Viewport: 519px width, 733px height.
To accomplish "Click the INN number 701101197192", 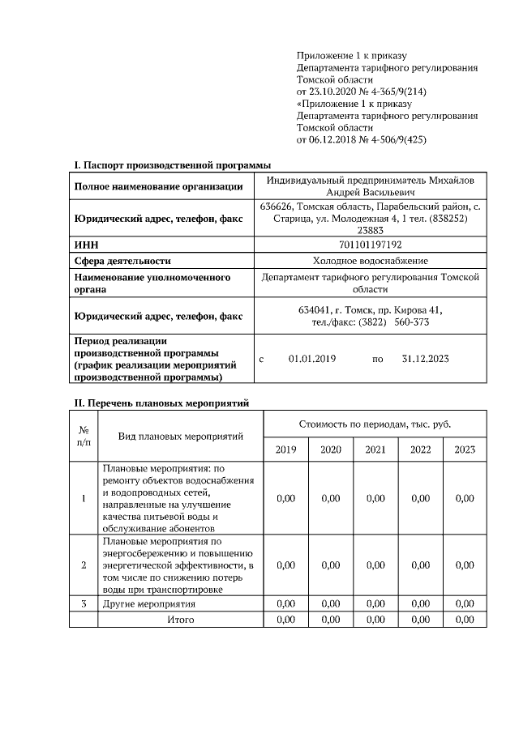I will tap(370, 244).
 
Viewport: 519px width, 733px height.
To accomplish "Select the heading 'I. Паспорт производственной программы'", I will tap(173, 165).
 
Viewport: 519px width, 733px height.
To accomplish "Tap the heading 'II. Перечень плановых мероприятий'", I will tap(161, 403).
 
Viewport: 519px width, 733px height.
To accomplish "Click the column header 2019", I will tap(285, 450).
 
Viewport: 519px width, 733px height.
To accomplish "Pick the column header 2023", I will tap(465, 450).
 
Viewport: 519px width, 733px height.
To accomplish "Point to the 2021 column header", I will tap(375, 450).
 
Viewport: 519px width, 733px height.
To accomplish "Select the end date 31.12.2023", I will tap(425, 358).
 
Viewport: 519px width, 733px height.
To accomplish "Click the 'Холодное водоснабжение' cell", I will tap(370, 260).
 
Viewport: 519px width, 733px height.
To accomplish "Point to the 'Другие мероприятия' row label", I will tap(148, 604).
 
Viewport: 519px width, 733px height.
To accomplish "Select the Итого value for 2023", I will tap(465, 620).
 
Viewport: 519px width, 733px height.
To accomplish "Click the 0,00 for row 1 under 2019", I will tap(285, 498).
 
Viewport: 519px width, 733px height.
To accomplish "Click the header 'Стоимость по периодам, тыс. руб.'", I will tap(375, 424).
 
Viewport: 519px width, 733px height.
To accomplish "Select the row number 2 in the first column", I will tap(84, 565).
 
